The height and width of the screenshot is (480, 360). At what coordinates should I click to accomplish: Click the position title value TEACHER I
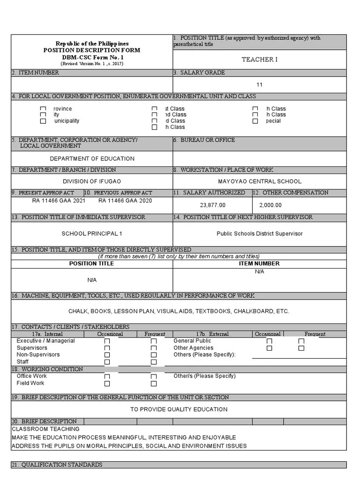(x=259, y=60)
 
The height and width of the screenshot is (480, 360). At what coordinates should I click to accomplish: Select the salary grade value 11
(x=259, y=85)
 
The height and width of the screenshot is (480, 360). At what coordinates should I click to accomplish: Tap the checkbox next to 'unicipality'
(x=43, y=121)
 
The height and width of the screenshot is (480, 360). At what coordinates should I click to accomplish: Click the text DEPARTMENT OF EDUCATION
(x=92, y=159)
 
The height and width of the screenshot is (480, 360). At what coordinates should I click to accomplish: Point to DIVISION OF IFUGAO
(x=92, y=181)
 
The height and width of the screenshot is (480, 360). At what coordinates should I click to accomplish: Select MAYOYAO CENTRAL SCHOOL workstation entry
(x=259, y=181)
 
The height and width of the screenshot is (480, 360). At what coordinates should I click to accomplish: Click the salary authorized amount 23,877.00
(x=212, y=205)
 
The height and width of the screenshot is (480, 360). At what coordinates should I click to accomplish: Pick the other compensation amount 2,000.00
(x=270, y=205)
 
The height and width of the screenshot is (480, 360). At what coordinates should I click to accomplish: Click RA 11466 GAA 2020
(x=125, y=201)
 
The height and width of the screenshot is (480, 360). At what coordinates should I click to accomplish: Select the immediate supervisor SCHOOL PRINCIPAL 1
(x=92, y=233)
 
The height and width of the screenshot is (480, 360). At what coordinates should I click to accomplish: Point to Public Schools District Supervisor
(x=259, y=233)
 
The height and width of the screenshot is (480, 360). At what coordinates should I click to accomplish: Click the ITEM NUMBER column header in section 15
(x=259, y=263)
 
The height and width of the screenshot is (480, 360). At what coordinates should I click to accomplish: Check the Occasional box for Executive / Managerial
(x=107, y=342)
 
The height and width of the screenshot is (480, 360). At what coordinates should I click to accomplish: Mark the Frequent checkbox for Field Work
(x=153, y=383)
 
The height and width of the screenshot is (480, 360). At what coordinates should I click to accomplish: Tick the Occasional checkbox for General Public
(x=269, y=342)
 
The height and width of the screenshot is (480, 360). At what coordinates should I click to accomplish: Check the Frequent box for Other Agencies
(x=301, y=348)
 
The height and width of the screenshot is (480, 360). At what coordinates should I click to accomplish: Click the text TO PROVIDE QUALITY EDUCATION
(x=179, y=409)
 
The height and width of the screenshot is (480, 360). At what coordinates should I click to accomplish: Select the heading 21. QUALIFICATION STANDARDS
(x=57, y=465)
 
